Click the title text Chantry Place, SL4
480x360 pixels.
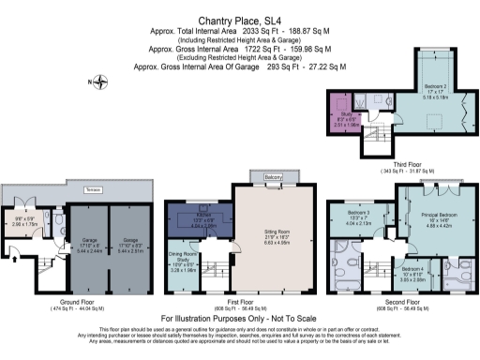(240, 18)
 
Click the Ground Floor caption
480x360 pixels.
(79, 302)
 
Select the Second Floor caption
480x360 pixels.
(401, 302)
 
